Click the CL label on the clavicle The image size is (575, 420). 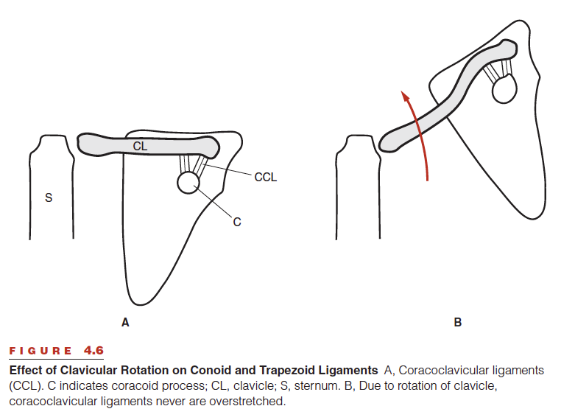140,146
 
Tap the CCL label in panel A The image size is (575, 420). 266,178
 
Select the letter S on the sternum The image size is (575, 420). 49,197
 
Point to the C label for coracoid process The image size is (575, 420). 237,222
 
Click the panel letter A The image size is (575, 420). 125,322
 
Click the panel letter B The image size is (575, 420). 458,322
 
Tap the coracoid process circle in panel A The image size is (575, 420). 188,183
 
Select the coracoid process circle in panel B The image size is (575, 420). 504,89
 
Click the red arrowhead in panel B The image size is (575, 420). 405,97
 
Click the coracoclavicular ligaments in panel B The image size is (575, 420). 498,71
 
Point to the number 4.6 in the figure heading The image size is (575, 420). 94,350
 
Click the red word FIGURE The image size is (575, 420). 40,351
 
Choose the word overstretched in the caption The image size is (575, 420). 247,402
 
